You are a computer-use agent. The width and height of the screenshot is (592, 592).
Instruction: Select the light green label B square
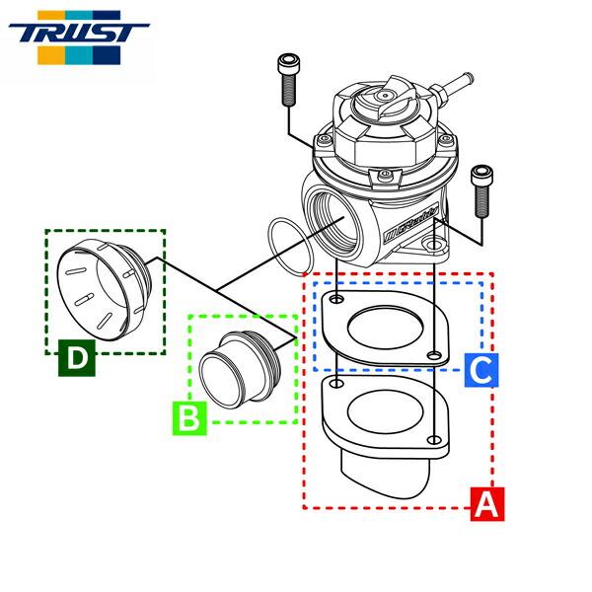[x=190, y=418]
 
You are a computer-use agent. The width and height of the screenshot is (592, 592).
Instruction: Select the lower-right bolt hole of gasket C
[x=435, y=354]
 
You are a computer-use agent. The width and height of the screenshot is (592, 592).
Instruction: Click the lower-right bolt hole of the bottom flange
[x=435, y=440]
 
